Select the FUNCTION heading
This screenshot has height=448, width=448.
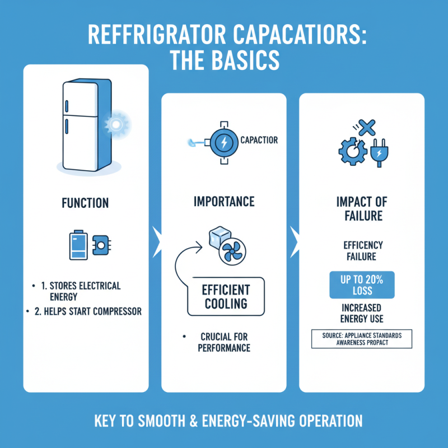coord(86,202)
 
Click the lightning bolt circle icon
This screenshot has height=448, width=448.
coord(223,142)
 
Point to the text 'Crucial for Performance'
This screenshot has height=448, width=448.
coord(224,343)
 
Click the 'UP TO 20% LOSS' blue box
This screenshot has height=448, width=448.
coord(361,285)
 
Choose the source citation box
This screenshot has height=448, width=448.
coord(361,339)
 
